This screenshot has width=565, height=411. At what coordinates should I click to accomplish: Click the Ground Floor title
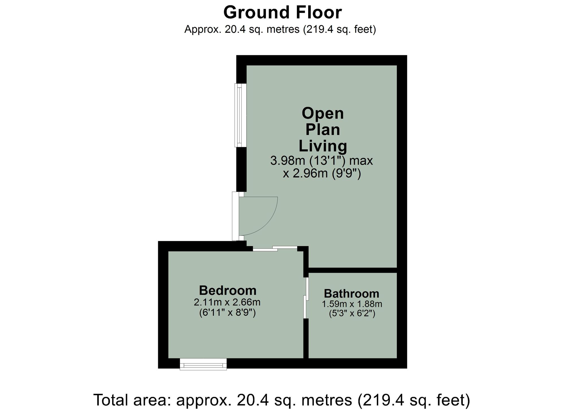point(282,13)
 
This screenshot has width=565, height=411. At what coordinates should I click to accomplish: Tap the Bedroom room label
point(227,290)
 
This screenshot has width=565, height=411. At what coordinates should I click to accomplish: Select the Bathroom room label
point(351,294)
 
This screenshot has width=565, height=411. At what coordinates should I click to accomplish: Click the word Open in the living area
point(323,114)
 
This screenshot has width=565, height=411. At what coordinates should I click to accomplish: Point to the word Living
point(323,146)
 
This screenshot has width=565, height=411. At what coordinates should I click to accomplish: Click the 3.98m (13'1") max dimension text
point(321,161)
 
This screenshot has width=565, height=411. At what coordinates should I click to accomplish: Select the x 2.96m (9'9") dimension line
point(322,173)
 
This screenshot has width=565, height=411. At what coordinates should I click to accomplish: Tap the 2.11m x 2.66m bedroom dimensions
point(227,303)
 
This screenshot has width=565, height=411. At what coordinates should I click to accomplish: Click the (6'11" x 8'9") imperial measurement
point(227,313)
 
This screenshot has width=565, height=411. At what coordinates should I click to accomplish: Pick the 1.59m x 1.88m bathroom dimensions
point(352,304)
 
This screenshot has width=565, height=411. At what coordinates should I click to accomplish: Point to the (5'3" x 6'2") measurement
point(352,314)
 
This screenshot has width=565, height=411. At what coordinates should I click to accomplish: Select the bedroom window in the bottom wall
point(203,364)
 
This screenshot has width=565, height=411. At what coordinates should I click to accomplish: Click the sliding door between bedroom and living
point(275,249)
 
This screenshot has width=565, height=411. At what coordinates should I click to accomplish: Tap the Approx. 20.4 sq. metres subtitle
point(280,29)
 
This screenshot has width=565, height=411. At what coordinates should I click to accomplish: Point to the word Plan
point(323,130)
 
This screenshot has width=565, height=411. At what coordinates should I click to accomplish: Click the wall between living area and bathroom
point(353,270)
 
